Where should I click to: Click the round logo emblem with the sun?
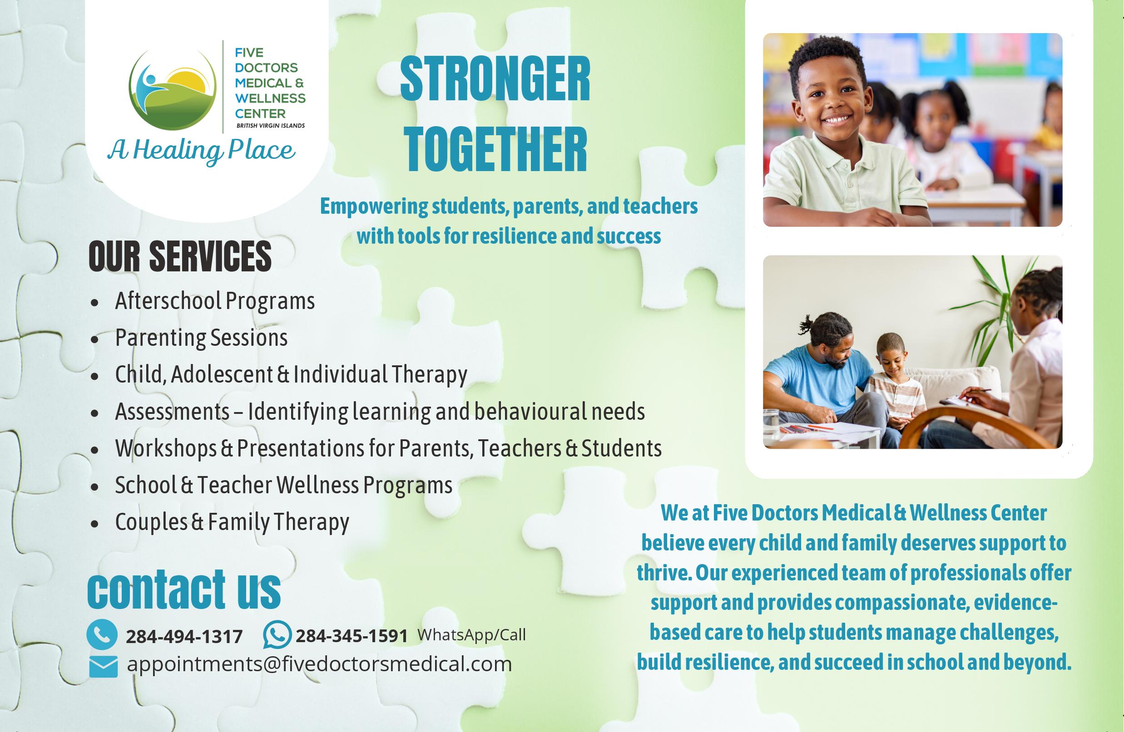[173, 90]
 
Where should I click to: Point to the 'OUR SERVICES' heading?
[180, 256]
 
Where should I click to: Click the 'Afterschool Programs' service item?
[215, 300]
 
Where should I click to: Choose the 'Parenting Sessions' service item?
[201, 338]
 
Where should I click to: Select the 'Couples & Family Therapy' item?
[232, 521]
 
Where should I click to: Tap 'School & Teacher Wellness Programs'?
[284, 485]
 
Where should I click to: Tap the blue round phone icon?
[102, 635]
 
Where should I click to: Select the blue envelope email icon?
[104, 666]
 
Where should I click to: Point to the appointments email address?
[320, 664]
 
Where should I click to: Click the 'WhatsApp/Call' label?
[471, 635]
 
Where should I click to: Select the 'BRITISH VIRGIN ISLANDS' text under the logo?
[271, 126]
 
